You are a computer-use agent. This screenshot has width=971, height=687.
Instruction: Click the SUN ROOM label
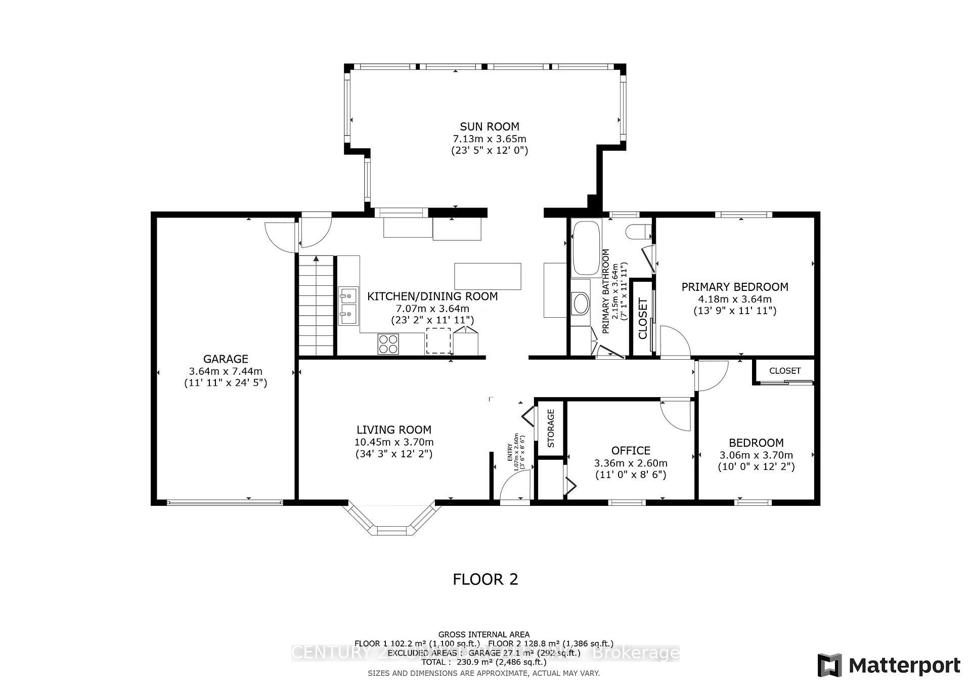pyautogui.click(x=489, y=126)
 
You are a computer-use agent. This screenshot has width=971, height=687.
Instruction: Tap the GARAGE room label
pyautogui.click(x=226, y=359)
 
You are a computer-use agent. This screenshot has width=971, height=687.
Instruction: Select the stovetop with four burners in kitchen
pyautogui.click(x=388, y=344)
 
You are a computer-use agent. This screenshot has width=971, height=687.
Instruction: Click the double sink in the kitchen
pyautogui.click(x=348, y=306)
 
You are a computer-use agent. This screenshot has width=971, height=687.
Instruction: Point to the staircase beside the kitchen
pyautogui.click(x=317, y=306)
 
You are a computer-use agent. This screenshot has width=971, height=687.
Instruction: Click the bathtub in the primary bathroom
pyautogui.click(x=586, y=247)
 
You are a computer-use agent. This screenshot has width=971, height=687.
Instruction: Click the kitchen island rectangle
pyautogui.click(x=488, y=276)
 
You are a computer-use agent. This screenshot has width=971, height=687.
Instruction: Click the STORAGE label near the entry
pyautogui.click(x=551, y=428)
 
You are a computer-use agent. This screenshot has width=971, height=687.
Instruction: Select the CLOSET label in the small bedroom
pyautogui.click(x=785, y=371)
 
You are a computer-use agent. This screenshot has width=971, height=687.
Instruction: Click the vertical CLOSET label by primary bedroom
pyautogui.click(x=643, y=319)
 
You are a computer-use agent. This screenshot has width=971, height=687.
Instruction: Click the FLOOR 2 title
pyautogui.click(x=485, y=579)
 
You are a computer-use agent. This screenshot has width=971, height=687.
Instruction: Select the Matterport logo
pyautogui.click(x=889, y=665)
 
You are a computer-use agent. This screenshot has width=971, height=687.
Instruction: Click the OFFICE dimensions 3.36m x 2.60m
pyautogui.click(x=631, y=463)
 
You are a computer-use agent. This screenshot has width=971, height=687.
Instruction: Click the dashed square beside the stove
pyautogui.click(x=438, y=340)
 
